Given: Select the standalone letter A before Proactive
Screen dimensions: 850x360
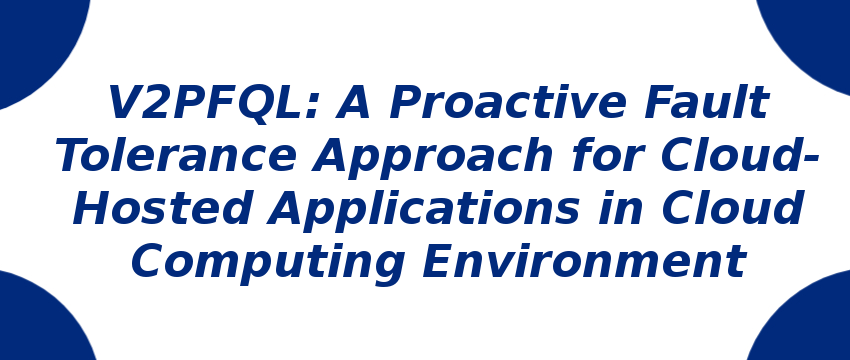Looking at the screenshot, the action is [x=353, y=102].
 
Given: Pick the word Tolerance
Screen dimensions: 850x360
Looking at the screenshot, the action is [x=177, y=155].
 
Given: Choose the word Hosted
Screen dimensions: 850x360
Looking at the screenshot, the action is [x=162, y=208].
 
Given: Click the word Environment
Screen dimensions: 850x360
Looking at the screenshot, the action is [x=584, y=261].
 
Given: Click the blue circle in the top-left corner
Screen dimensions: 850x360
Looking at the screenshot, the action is [x=38, y=43].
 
